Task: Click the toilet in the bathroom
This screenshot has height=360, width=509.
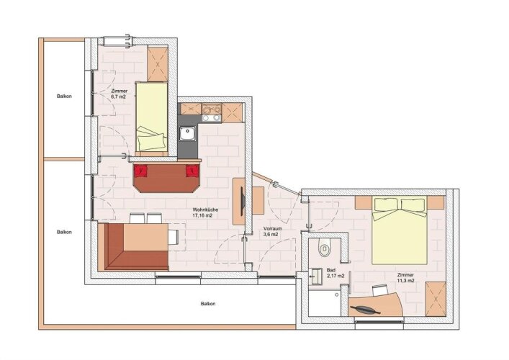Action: click(324, 248)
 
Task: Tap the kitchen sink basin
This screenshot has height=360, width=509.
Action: click(188, 134)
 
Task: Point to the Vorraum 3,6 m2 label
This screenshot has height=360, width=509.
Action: click(273, 231)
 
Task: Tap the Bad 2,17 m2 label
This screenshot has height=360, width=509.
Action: click(335, 273)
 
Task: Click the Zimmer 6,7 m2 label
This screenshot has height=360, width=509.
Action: click(119, 94)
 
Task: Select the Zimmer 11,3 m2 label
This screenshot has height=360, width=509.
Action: click(406, 278)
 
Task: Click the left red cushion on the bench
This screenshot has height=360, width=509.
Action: click(140, 171)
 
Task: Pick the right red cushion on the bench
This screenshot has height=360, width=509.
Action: click(192, 171)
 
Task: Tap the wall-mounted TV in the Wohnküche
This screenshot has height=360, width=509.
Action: click(242, 202)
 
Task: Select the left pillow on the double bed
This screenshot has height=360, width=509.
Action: click(386, 204)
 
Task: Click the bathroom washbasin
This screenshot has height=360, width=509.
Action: click(315, 276)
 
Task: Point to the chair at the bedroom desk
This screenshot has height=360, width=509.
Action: click(380, 290)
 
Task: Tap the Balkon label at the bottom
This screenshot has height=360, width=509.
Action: click(208, 304)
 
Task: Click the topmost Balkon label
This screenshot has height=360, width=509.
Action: click(64, 96)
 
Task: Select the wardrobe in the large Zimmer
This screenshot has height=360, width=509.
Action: click(436, 299)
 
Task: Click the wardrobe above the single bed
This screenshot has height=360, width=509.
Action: click(158, 64)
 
